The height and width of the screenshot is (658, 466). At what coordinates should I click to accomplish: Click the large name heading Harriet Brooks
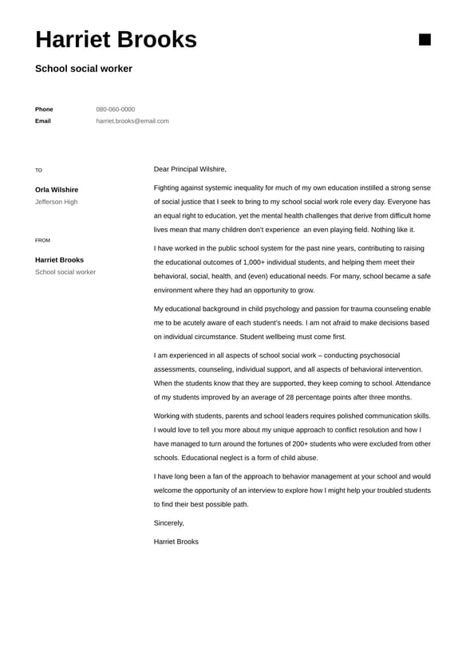tap(116, 40)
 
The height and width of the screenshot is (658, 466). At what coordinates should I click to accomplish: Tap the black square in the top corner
tap(425, 40)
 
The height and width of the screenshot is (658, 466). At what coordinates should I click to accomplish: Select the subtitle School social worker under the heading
tap(84, 69)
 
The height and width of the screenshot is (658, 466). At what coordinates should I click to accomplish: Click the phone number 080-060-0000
tap(116, 109)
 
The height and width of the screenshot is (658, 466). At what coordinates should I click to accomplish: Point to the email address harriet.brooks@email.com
tap(132, 121)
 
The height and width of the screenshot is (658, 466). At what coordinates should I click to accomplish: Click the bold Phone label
tap(44, 109)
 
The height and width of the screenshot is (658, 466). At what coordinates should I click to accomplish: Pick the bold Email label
tap(43, 121)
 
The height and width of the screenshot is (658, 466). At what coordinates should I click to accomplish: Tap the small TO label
tap(38, 171)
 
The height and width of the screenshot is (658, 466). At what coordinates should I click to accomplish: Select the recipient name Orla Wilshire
tap(57, 190)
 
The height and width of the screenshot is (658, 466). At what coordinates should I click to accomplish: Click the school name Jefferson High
tap(57, 202)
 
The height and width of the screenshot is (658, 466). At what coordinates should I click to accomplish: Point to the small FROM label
tap(42, 240)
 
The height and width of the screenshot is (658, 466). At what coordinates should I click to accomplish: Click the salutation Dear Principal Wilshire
tap(190, 169)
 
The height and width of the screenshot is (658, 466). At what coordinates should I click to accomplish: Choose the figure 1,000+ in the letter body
tap(255, 262)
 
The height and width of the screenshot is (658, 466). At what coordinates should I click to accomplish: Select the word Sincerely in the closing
tap(168, 523)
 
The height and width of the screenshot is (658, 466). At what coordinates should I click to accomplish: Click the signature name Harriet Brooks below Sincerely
tap(176, 542)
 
